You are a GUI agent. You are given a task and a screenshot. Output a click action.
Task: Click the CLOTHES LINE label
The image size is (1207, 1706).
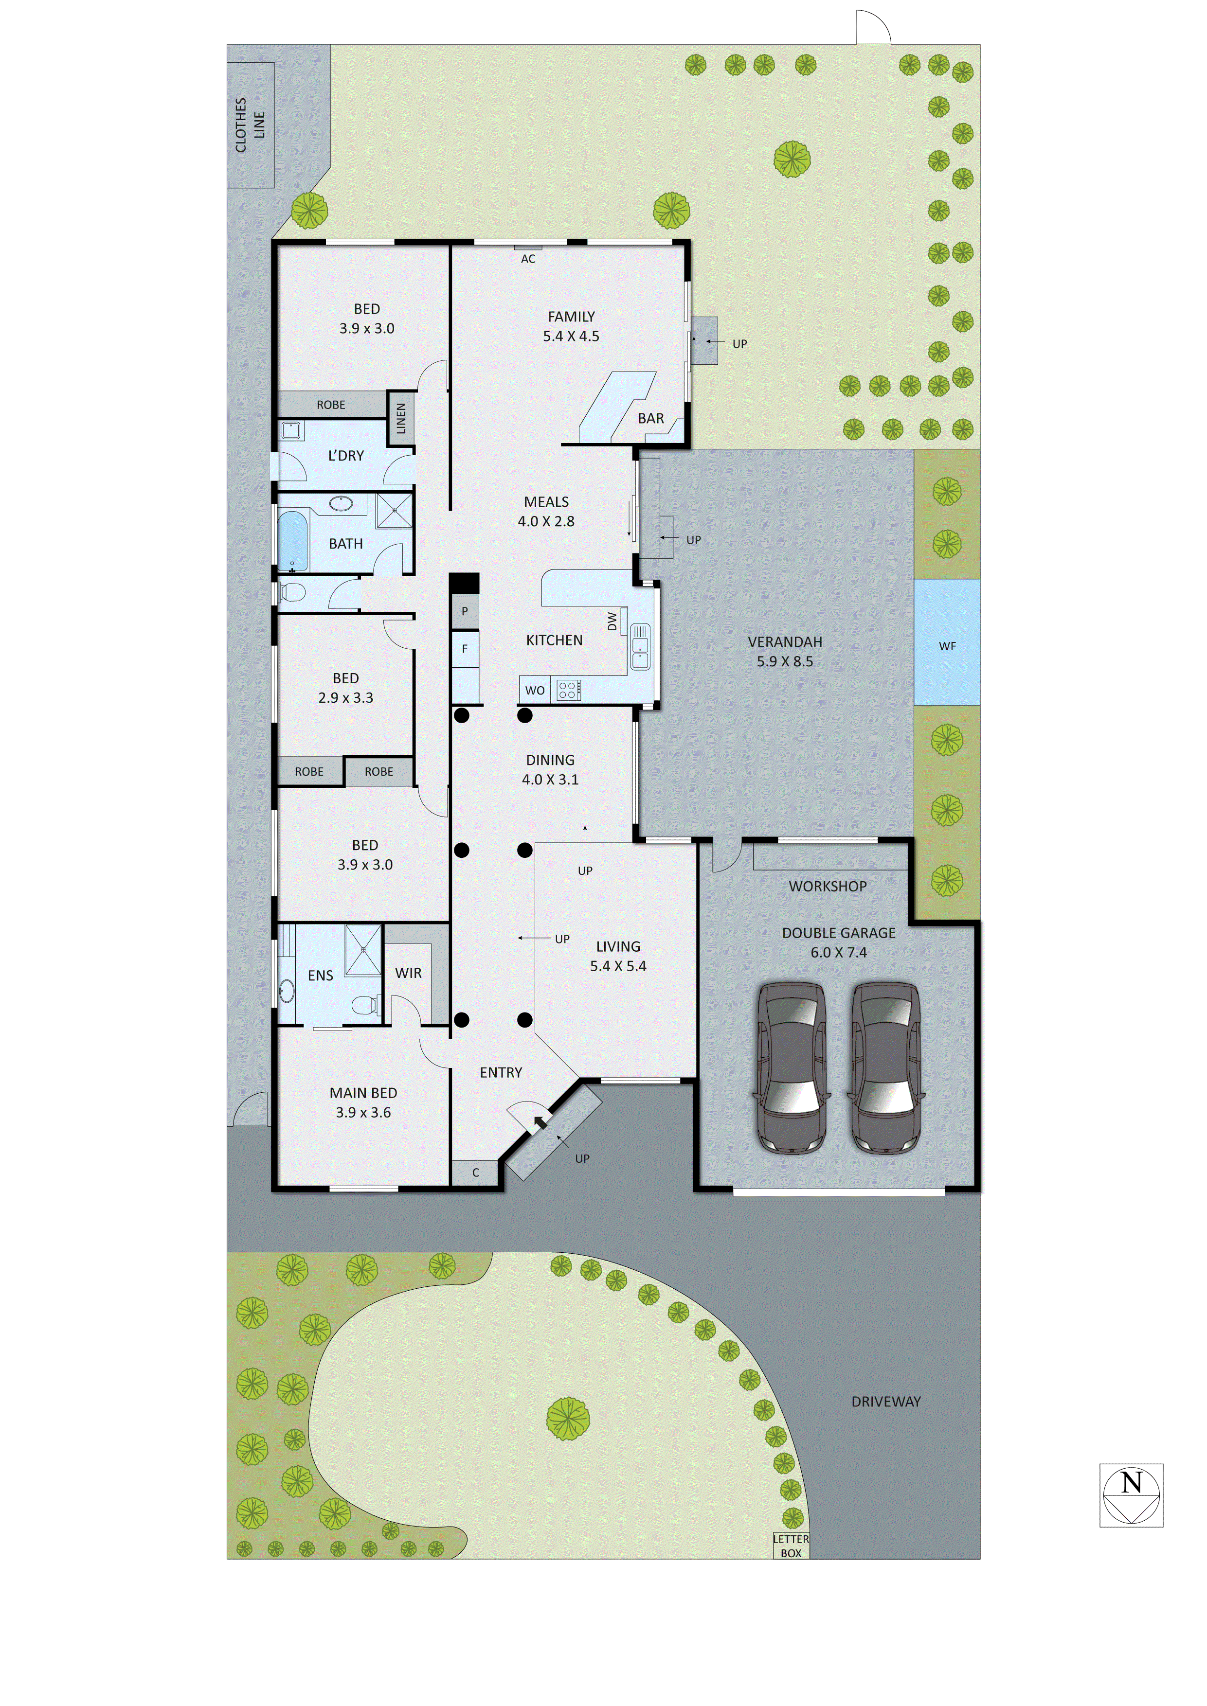click(250, 125)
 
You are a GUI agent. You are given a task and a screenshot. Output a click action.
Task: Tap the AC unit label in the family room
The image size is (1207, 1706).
click(528, 259)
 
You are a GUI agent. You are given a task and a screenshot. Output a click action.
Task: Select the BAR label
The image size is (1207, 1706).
click(650, 418)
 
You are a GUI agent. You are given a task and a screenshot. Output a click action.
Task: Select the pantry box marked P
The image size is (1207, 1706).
click(465, 611)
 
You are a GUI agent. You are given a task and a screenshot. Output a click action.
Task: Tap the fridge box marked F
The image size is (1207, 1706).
click(465, 649)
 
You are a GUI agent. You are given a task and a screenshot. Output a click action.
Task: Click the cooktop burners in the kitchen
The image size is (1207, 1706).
click(567, 690)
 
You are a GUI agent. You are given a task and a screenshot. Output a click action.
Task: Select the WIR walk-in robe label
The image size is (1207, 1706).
click(408, 973)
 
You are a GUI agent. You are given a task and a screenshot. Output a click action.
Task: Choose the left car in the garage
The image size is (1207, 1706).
click(790, 1068)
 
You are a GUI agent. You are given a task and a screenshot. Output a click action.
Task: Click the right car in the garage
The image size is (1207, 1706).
click(886, 1068)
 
